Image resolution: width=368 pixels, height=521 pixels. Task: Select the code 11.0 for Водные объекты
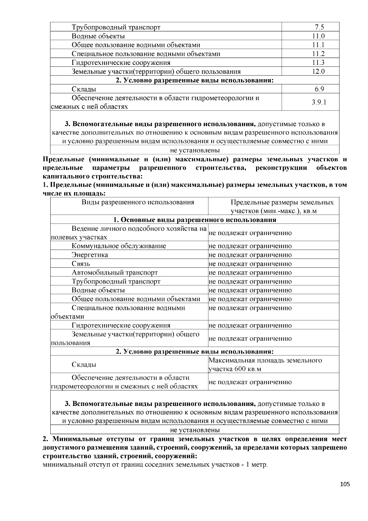click(319, 36)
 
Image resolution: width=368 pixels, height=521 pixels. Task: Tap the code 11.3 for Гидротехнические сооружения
click(319, 63)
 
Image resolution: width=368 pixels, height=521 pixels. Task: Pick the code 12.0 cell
click(319, 71)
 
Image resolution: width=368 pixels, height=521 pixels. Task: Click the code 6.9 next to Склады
click(319, 89)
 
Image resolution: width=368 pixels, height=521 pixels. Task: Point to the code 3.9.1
click(319, 102)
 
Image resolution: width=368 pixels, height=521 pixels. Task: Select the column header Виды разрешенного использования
click(138, 202)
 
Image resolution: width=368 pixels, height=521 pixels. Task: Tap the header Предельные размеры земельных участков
click(282, 206)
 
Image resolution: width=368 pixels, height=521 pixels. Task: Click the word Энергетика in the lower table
click(90, 255)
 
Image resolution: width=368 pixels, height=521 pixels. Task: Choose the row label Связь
click(81, 264)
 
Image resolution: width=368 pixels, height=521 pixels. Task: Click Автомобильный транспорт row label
click(115, 272)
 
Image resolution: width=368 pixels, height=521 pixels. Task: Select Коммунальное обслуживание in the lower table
click(119, 246)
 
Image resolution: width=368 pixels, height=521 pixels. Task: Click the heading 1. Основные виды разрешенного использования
click(195, 220)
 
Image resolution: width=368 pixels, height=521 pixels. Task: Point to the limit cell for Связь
click(250, 264)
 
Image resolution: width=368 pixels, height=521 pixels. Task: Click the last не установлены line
click(195, 430)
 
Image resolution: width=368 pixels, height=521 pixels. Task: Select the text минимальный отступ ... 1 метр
click(155, 465)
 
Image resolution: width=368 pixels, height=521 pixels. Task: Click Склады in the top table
click(84, 89)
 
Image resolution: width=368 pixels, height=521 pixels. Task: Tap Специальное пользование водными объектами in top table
click(146, 54)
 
